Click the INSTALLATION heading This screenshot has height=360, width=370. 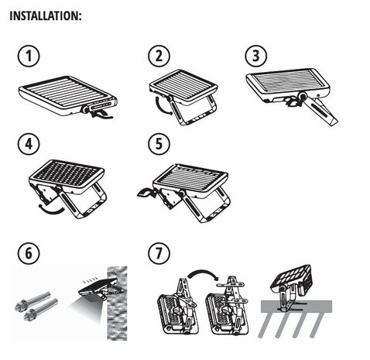tap(46, 15)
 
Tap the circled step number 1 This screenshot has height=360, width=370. tap(29, 56)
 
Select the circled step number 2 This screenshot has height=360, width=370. tap(159, 56)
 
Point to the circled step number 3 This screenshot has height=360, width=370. tap(255, 56)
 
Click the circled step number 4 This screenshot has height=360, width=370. tap(29, 144)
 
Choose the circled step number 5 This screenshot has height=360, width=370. tap(159, 144)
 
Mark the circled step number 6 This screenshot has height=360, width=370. tap(29, 253)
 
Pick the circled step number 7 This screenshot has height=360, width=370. tap(159, 253)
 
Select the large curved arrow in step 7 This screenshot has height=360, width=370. tap(204, 272)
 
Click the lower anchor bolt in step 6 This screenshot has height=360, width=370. tap(40, 310)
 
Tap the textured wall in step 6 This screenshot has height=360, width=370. tap(117, 303)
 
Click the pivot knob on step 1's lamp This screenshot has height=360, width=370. tap(85, 110)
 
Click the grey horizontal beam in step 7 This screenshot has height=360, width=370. tap(296, 307)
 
